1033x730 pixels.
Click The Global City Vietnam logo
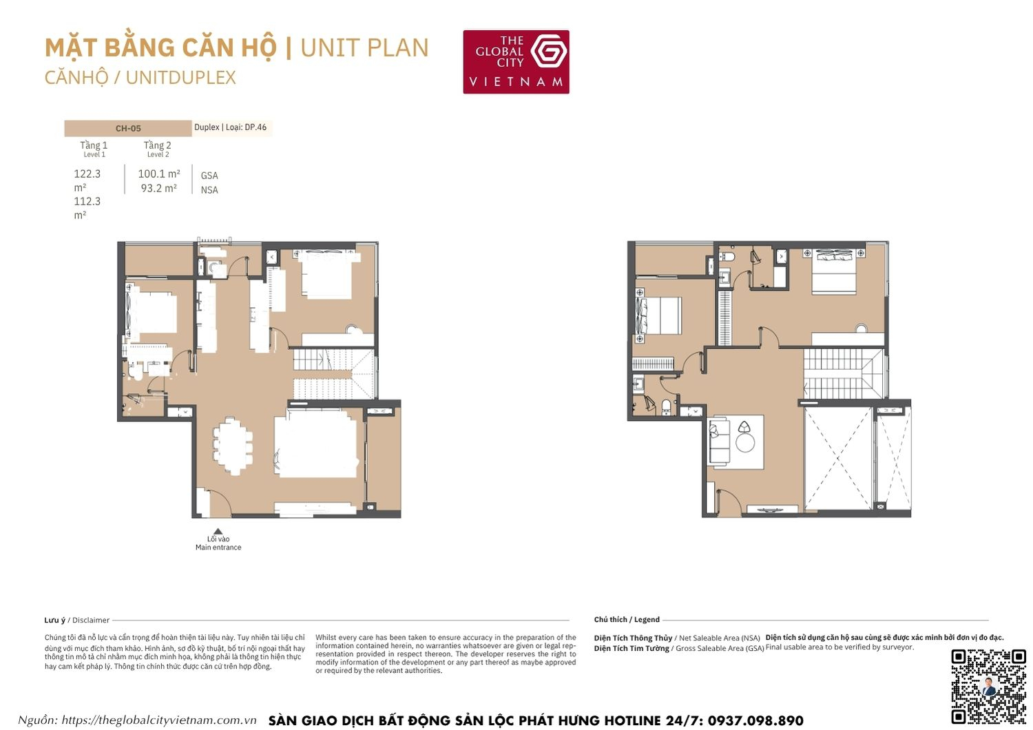tap(516, 61)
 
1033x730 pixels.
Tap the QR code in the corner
tap(988, 686)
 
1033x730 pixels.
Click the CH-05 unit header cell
tap(128, 128)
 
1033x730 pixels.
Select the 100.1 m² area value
tap(159, 174)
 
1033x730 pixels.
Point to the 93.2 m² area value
tap(159, 188)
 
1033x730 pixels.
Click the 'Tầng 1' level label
tap(94, 145)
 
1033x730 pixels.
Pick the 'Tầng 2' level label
tap(158, 145)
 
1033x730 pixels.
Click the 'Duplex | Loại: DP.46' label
tap(231, 127)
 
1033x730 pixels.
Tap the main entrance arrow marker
tap(218, 532)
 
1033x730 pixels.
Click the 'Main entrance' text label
tap(218, 547)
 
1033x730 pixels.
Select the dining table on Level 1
tap(232, 446)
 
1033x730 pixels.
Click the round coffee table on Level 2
tap(745, 441)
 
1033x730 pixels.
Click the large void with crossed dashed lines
tap(838, 458)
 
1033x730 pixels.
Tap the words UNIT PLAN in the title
tap(364, 48)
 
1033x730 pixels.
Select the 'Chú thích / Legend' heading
tap(627, 620)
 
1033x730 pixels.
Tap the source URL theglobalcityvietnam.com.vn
tap(159, 720)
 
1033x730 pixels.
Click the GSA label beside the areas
tap(209, 176)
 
